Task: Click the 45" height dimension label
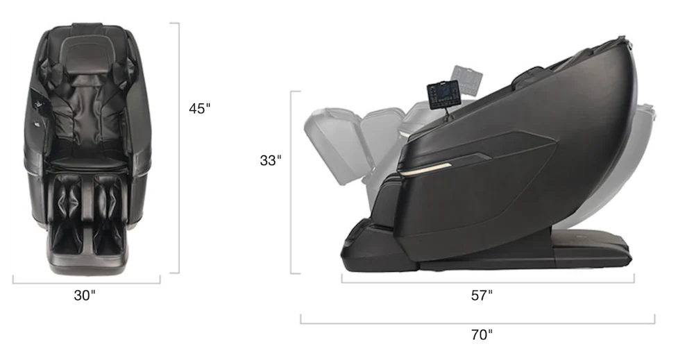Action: (x=200, y=108)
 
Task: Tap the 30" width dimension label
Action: (x=85, y=295)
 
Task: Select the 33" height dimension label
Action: (x=271, y=160)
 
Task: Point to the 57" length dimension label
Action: (x=482, y=295)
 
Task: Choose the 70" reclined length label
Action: (x=482, y=335)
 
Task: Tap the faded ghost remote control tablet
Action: (x=466, y=80)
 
